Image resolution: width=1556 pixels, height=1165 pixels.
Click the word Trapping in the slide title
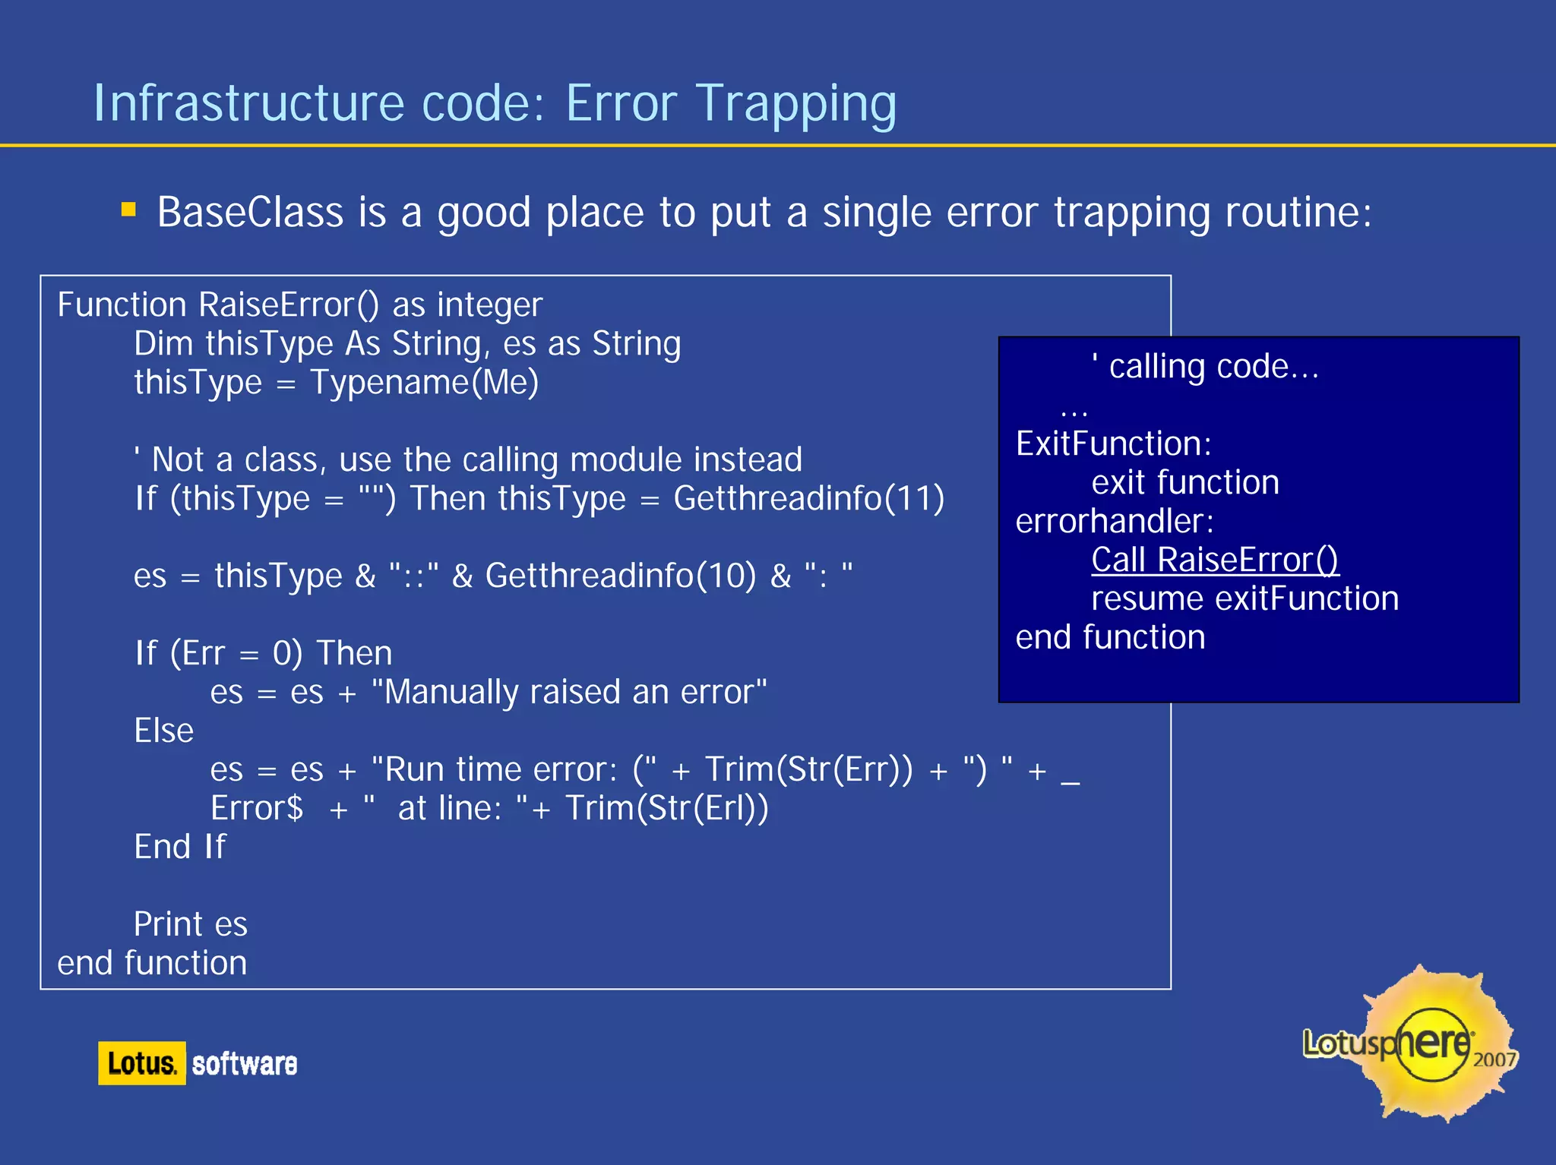[x=795, y=104]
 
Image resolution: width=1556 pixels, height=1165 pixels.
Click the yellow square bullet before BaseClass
[x=128, y=210]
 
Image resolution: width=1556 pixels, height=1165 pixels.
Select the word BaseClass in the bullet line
[x=250, y=212]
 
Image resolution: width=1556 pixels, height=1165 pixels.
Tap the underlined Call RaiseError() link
[x=1214, y=560]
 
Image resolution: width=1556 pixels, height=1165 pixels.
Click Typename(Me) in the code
[x=425, y=382]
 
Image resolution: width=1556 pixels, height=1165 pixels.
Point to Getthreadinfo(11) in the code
[x=808, y=499]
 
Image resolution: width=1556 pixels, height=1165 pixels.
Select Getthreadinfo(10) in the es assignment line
[x=621, y=576]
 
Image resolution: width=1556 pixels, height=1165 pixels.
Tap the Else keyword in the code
[x=163, y=731]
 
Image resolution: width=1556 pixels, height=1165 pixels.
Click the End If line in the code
[x=180, y=847]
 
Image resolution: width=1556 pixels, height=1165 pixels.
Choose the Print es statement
[x=191, y=924]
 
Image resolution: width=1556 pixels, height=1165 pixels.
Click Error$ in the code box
[x=257, y=808]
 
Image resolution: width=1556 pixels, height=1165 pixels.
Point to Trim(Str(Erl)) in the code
[x=667, y=808]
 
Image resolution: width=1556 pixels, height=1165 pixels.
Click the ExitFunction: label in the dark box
[x=1113, y=444]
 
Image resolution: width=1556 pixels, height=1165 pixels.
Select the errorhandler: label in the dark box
[x=1115, y=521]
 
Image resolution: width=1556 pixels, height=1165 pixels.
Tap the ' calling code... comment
[x=1205, y=367]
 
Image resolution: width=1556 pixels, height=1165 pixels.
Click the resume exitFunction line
[x=1244, y=598]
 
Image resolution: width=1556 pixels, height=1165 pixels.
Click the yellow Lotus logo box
[x=142, y=1063]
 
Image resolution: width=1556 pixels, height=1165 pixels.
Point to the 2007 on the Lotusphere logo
[x=1494, y=1059]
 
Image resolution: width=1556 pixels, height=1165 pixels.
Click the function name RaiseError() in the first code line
[x=289, y=305]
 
